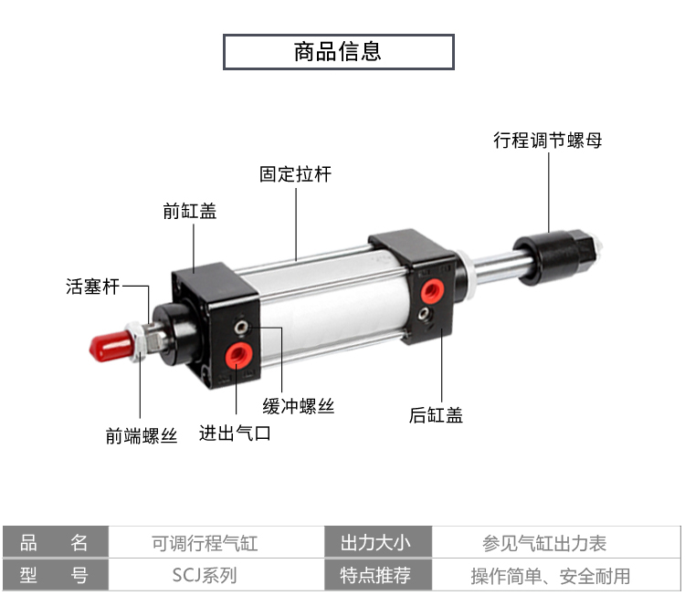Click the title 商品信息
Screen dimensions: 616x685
338,51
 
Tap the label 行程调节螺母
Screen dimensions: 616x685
548,141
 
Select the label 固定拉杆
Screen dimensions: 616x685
295,173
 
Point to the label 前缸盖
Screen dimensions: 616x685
190,212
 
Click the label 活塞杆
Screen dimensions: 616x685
92,287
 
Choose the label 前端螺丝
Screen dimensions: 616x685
141,436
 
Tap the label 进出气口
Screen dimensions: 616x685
235,433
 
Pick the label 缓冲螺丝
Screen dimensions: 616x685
299,406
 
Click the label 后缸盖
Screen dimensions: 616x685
436,416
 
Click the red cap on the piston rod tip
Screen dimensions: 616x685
109,347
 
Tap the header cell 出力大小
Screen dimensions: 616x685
375,544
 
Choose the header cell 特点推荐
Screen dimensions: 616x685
375,576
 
